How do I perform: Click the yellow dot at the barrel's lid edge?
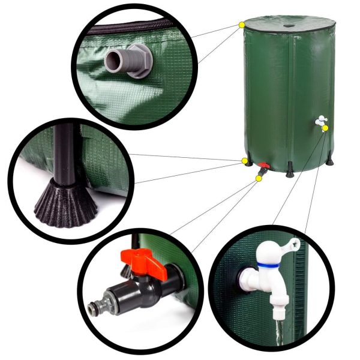coord(242,25)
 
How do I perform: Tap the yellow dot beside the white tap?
coord(325,128)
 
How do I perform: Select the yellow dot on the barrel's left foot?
coord(245,161)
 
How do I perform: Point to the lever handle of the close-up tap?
coord(289,246)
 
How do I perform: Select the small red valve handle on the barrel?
coord(263,166)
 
